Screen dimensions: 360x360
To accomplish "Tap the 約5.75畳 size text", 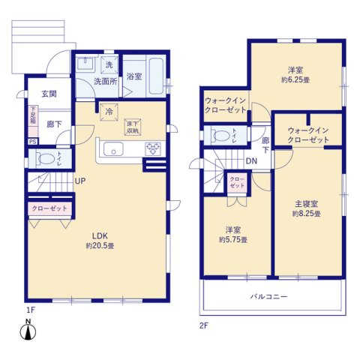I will pos(235,239).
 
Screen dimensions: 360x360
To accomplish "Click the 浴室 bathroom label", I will pos(135,76).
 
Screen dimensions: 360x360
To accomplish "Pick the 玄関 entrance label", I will pos(49,93).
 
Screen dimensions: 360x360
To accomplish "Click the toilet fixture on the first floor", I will pos(45,159).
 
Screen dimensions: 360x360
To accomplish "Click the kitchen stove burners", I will pos(154,145).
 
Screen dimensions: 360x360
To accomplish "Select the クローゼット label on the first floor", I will pos(50,208).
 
